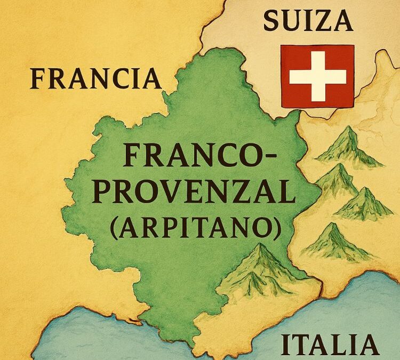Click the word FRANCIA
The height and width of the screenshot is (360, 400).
pos(95,79)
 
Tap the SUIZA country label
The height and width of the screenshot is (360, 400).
pos(308,22)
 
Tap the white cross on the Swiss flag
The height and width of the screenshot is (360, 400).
pos(317,76)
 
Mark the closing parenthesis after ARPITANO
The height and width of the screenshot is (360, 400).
pos(276,228)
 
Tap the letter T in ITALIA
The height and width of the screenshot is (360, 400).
pos(311,345)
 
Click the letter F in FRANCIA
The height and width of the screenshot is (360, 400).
pos(37,79)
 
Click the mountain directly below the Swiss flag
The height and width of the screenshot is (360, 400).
pos(347,147)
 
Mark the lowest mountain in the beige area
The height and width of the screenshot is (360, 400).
pos(333,243)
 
